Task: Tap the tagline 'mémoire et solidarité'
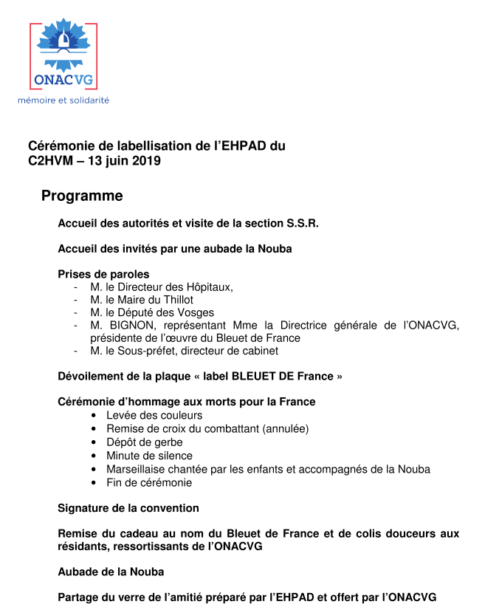click(63, 100)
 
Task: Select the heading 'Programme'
click(82, 196)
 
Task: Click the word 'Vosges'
click(197, 312)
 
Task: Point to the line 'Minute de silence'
click(149, 456)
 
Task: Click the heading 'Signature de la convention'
click(128, 508)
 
